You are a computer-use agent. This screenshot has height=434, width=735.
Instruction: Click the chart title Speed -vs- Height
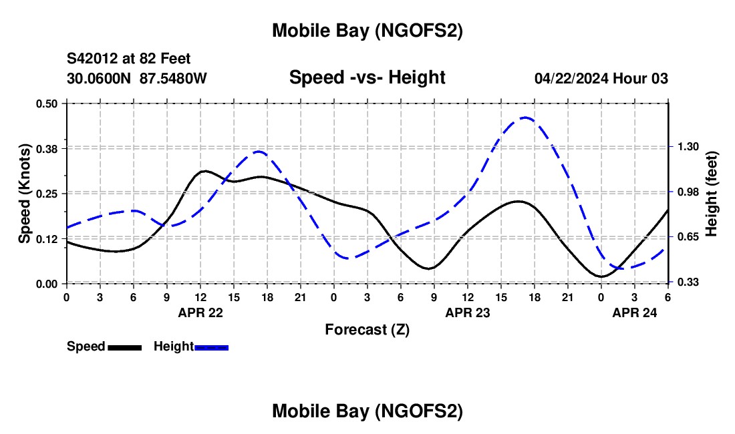tap(367, 77)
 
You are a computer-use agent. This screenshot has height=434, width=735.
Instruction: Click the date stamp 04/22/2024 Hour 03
tap(601, 78)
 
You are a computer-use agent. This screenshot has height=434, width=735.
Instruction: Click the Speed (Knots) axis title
tap(24, 193)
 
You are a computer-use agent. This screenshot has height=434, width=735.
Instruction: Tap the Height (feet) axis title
tap(712, 193)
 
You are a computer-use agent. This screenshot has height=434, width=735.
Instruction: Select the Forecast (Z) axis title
tap(367, 329)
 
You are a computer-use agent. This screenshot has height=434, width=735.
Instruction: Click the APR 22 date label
tap(200, 312)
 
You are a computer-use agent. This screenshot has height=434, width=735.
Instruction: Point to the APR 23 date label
tap(467, 312)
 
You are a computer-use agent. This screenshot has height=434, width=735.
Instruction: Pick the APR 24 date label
tap(634, 312)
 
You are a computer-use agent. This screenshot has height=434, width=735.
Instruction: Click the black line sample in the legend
tap(124, 347)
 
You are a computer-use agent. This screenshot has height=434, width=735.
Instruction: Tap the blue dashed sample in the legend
tap(212, 347)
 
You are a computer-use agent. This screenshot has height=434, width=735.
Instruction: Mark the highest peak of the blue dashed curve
tap(525, 118)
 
